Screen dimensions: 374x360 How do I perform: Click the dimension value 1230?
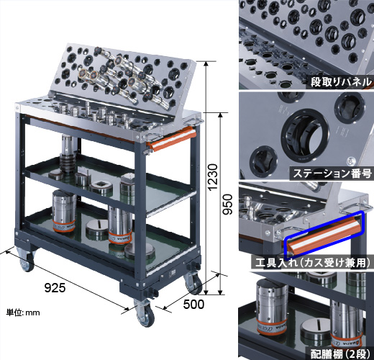pos(213,177)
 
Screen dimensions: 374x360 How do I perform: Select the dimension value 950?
pos(227,204)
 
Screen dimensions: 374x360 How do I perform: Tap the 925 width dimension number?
pos(55,287)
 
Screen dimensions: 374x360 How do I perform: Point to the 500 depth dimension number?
pos(193,305)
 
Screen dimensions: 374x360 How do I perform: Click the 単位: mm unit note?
pos(23,312)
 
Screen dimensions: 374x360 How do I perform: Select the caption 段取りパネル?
pos(341,82)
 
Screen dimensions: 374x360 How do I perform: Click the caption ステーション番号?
pos(332,173)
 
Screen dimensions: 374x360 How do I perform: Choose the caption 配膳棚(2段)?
pos(341,354)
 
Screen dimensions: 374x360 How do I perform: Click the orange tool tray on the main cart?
pos(172,139)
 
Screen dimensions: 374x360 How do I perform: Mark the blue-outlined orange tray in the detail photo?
pos(324,235)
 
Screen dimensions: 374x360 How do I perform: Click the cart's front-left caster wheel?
pos(27,261)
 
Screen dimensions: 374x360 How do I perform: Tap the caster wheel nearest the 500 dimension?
pos(193,282)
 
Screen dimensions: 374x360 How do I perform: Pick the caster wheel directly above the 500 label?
pos(193,282)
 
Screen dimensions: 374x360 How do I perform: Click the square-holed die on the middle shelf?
pos(101,186)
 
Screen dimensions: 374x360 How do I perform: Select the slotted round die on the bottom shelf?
pos(98,229)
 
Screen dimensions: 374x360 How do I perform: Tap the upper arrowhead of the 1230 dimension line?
pos(206,63)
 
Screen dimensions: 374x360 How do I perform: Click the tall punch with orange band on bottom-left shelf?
pos(64,211)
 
